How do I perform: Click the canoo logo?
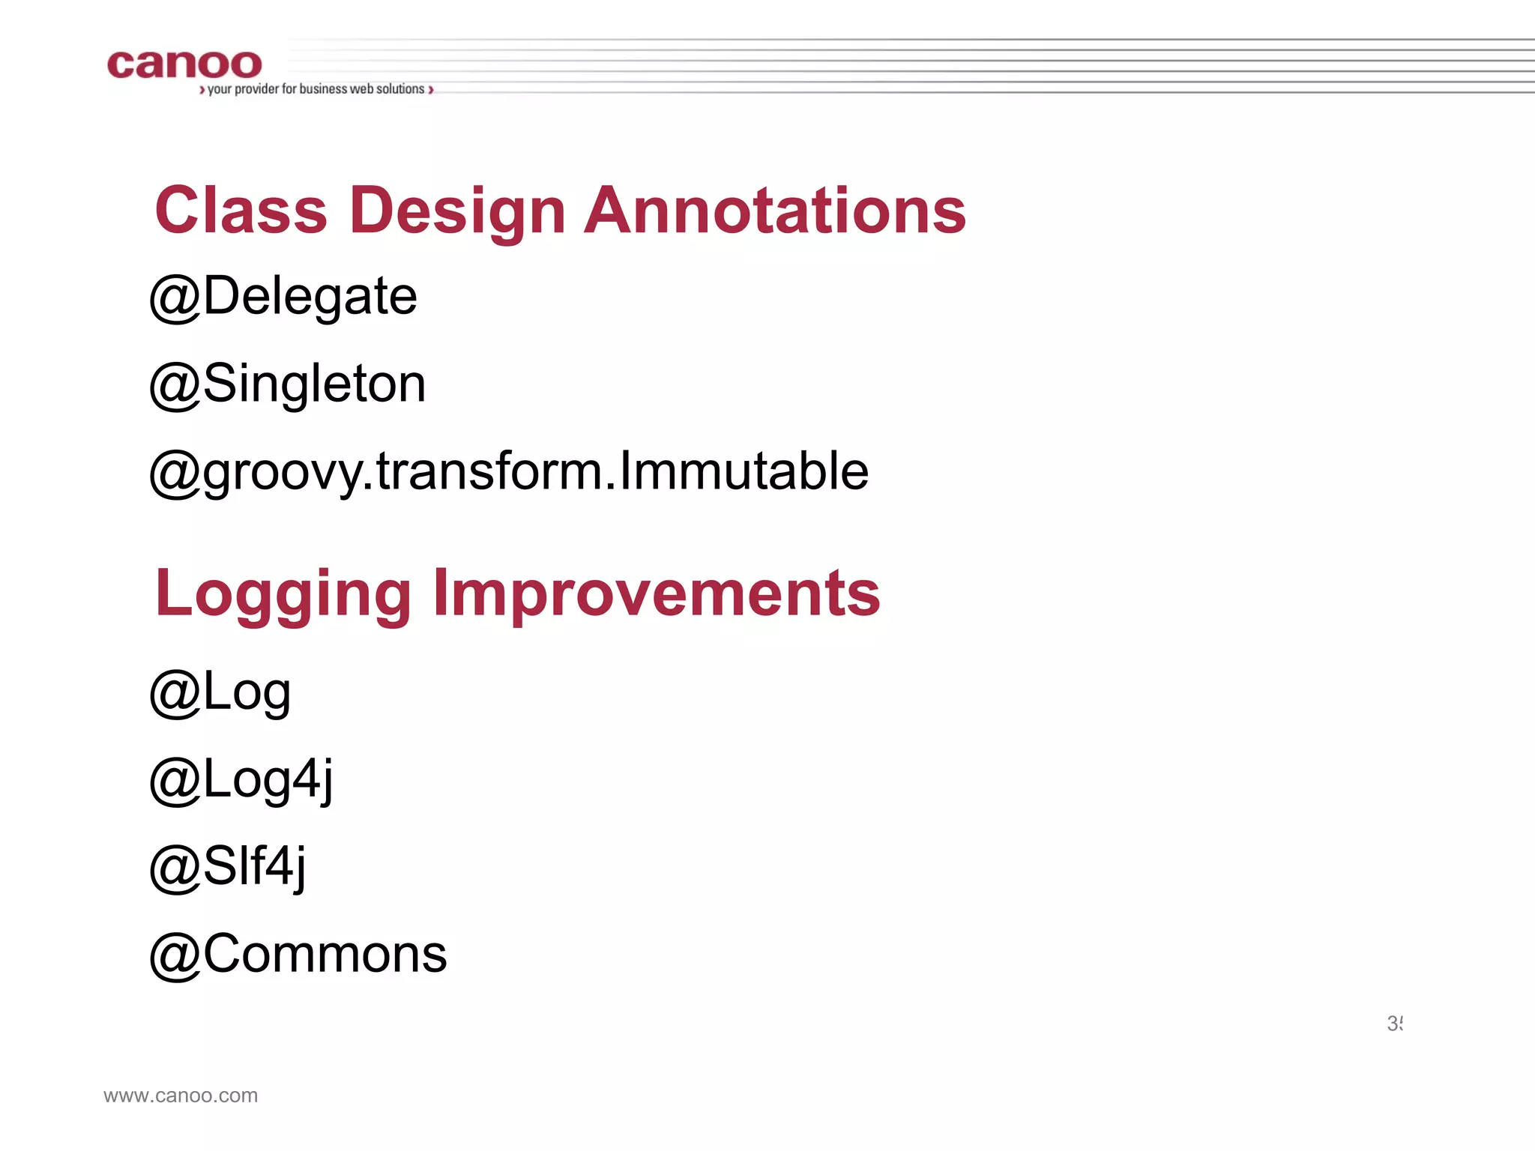point(184,64)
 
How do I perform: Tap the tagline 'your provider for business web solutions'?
point(316,89)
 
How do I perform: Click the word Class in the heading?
point(241,211)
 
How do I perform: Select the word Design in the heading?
point(457,212)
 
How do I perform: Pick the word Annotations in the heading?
point(775,211)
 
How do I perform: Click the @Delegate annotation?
point(283,297)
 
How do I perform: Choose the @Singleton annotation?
point(288,384)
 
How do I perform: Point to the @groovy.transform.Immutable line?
point(509,472)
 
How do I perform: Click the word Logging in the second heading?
point(283,593)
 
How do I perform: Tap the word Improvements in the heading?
point(657,593)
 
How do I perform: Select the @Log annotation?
point(220,692)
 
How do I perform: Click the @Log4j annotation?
point(241,780)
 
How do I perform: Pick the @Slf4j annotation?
point(228,867)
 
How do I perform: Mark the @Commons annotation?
point(298,955)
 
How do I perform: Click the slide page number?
point(1394,1024)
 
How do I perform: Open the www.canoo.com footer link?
point(181,1096)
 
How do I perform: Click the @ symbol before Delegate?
point(175,298)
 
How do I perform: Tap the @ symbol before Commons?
point(175,956)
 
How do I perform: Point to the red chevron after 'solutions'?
point(431,90)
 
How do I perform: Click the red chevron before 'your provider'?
point(202,90)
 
